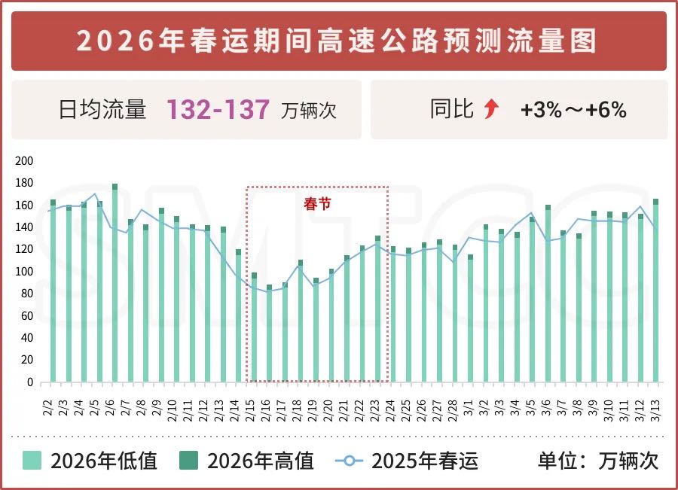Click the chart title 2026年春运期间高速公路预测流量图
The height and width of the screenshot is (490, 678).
338,41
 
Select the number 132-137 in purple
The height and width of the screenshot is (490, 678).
218,110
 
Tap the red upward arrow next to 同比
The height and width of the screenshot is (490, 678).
492,110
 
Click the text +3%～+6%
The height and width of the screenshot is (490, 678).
573,110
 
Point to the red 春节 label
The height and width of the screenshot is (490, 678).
317,203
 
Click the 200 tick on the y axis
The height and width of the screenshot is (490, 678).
25,161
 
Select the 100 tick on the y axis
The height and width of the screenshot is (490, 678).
25,272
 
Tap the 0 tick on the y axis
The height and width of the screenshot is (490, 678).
31,382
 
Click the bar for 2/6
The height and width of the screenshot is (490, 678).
115,285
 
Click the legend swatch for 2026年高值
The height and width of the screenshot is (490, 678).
189,460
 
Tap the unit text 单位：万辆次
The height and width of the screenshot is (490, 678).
598,460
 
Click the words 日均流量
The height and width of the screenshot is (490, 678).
102,110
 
